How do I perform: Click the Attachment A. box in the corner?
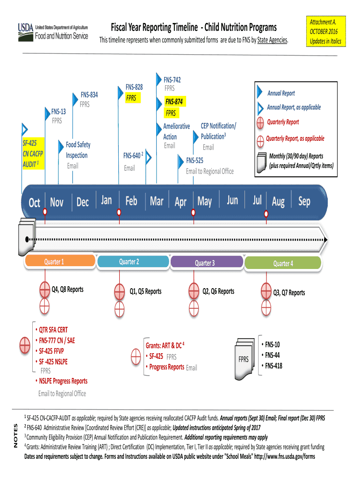pyautogui.click(x=323, y=31)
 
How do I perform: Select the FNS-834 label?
pyautogui.click(x=89, y=95)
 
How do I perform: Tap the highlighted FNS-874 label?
pyautogui.click(x=173, y=102)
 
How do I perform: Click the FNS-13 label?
pyautogui.click(x=58, y=112)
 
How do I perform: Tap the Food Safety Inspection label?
pyautogui.click(x=78, y=150)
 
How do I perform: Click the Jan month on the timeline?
pyautogui.click(x=106, y=200)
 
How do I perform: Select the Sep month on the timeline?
pyautogui.click(x=304, y=201)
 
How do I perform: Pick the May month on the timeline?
pyautogui.click(x=204, y=202)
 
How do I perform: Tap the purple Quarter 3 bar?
pyautogui.click(x=204, y=263)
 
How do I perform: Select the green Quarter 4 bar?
pyautogui.click(x=282, y=263)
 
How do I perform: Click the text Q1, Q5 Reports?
pyautogui.click(x=145, y=291)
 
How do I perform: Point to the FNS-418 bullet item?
pyautogui.click(x=274, y=366)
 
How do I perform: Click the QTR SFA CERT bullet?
pyautogui.click(x=53, y=329)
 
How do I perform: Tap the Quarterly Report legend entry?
pyautogui.click(x=282, y=122)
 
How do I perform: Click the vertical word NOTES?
pyautogui.click(x=15, y=435)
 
